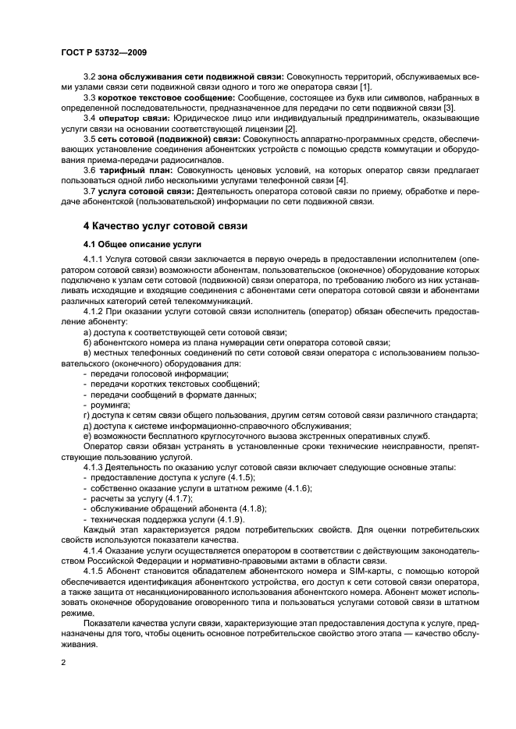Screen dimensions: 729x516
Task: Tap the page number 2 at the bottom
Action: (62, 663)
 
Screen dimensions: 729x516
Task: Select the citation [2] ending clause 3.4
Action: (290, 128)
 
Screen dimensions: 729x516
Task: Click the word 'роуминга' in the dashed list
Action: (110, 405)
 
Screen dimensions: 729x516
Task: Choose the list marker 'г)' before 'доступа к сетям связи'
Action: (86, 416)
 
